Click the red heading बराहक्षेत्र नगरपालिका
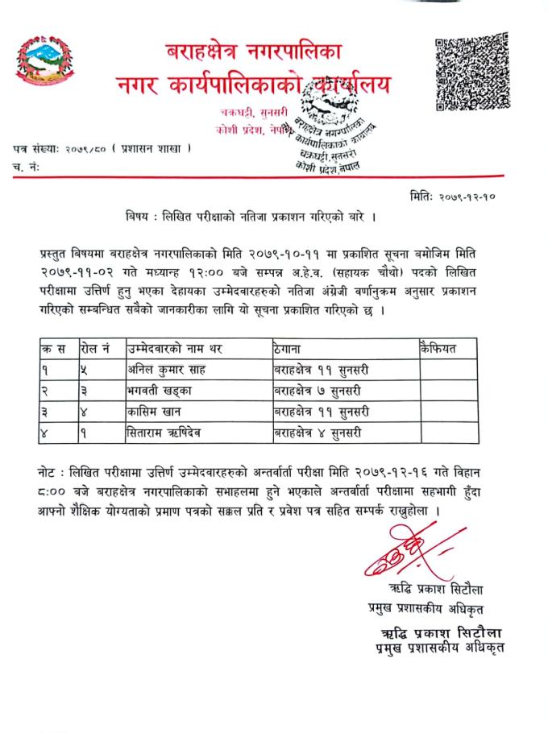click(255, 55)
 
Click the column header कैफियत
click(438, 348)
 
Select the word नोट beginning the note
click(50, 468)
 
